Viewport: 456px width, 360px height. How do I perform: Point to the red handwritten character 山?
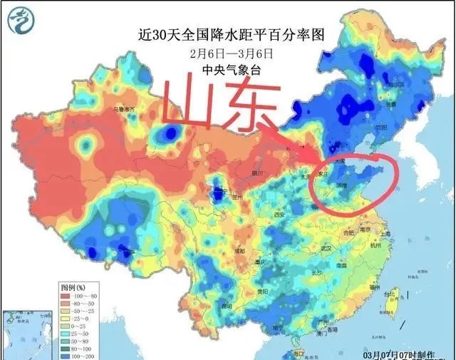point(190,105)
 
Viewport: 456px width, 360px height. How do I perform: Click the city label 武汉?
point(327,248)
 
